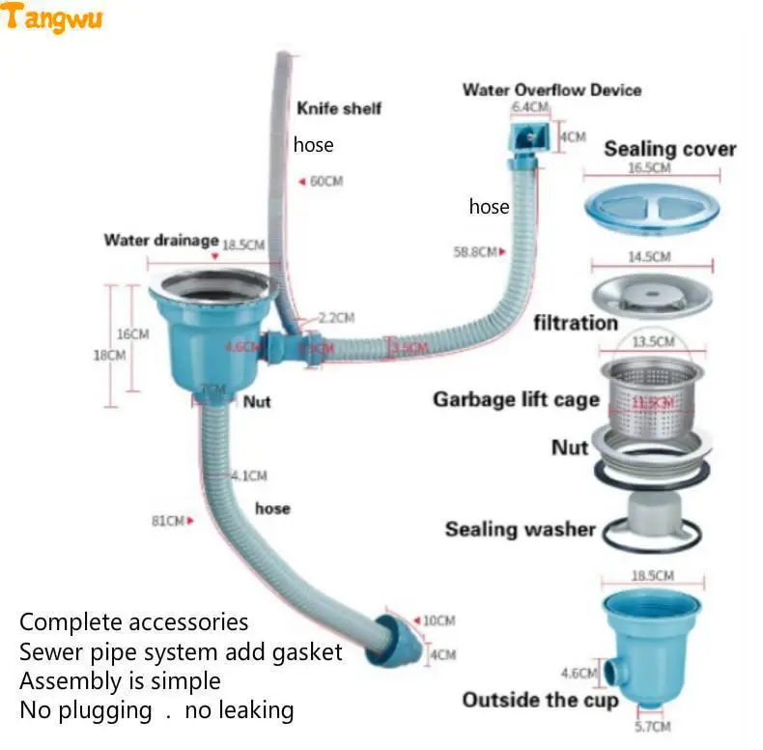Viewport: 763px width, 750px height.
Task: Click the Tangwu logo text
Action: (52, 17)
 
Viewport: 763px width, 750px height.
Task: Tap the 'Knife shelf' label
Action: (338, 108)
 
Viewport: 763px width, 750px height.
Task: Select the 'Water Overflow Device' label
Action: (551, 90)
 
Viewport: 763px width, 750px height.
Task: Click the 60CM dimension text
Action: (325, 181)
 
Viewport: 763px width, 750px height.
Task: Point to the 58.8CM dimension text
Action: (475, 252)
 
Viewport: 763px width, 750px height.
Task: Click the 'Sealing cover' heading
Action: (669, 149)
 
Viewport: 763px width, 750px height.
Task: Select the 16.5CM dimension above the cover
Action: (649, 168)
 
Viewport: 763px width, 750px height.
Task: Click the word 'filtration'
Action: (576, 323)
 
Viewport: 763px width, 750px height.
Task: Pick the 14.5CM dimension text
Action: (649, 257)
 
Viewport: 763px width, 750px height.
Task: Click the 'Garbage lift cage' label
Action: (516, 399)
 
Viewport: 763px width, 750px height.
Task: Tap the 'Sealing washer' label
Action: (520, 529)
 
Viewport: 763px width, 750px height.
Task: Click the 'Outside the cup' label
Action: (539, 700)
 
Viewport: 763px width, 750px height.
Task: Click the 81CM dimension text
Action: (168, 521)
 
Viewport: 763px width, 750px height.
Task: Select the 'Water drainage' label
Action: (160, 240)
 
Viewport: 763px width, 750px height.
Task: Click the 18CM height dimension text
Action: (109, 355)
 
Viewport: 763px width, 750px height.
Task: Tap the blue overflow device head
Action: (529, 134)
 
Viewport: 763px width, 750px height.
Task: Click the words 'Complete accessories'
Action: (133, 621)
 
